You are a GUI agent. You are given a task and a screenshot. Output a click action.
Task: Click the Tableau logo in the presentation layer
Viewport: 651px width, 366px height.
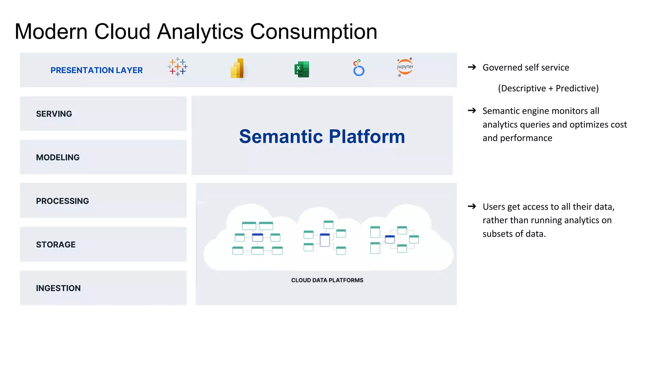(177, 67)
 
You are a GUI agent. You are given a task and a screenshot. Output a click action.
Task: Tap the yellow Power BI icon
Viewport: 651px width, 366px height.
(237, 68)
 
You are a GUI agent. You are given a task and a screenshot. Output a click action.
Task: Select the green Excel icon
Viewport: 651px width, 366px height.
(302, 69)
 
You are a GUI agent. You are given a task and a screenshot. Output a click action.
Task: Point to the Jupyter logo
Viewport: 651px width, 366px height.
(405, 67)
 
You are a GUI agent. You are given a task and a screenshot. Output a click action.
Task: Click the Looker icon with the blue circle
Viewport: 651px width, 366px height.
(359, 68)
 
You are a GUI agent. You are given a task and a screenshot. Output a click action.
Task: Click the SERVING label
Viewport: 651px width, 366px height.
(54, 114)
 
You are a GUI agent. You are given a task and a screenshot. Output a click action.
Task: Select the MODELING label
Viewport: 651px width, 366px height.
(58, 157)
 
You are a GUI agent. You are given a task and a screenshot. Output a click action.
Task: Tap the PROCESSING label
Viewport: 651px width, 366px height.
(62, 201)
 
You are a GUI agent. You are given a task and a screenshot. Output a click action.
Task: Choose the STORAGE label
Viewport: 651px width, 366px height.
(56, 245)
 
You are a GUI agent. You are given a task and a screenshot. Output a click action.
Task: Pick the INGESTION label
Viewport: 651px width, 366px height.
(58, 288)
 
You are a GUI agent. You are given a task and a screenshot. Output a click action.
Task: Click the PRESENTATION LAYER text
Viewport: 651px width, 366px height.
(97, 70)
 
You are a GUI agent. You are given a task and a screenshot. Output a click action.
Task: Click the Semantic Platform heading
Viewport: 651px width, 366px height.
(322, 136)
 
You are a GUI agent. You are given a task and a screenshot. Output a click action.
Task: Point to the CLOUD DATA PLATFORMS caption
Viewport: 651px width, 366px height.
(327, 280)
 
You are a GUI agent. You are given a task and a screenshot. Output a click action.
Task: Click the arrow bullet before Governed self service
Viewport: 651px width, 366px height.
(472, 67)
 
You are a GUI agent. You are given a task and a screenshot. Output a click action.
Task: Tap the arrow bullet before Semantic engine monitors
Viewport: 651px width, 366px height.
(472, 111)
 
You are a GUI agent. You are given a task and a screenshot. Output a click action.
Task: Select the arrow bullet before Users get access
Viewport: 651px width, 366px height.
(472, 207)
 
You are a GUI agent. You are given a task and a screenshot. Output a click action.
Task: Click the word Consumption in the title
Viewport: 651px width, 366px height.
(314, 32)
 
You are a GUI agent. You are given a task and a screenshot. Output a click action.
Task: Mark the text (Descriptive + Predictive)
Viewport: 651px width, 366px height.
(548, 88)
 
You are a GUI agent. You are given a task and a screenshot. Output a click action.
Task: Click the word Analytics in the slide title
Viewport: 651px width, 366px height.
(200, 32)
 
